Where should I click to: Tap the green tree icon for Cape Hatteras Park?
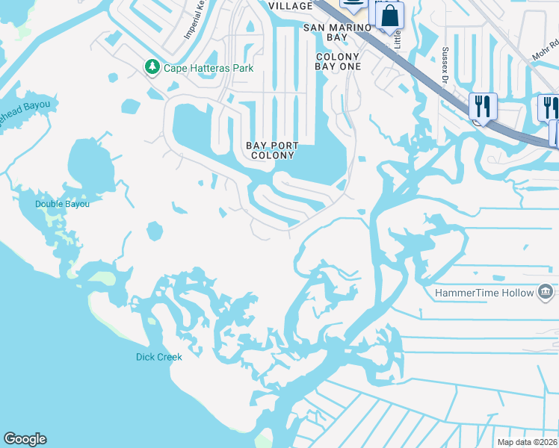click(x=152, y=68)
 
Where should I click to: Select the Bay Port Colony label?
click(x=273, y=150)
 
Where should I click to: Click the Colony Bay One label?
click(x=339, y=61)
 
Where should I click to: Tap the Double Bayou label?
click(x=62, y=204)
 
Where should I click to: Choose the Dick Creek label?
click(x=159, y=357)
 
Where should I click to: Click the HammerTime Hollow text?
click(x=485, y=293)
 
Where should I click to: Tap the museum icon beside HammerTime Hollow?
click(x=546, y=292)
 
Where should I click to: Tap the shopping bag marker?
click(x=389, y=16)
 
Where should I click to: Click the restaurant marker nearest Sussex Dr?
click(x=483, y=105)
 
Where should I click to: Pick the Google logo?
click(x=25, y=439)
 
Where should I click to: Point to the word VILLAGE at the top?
click(x=290, y=6)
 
